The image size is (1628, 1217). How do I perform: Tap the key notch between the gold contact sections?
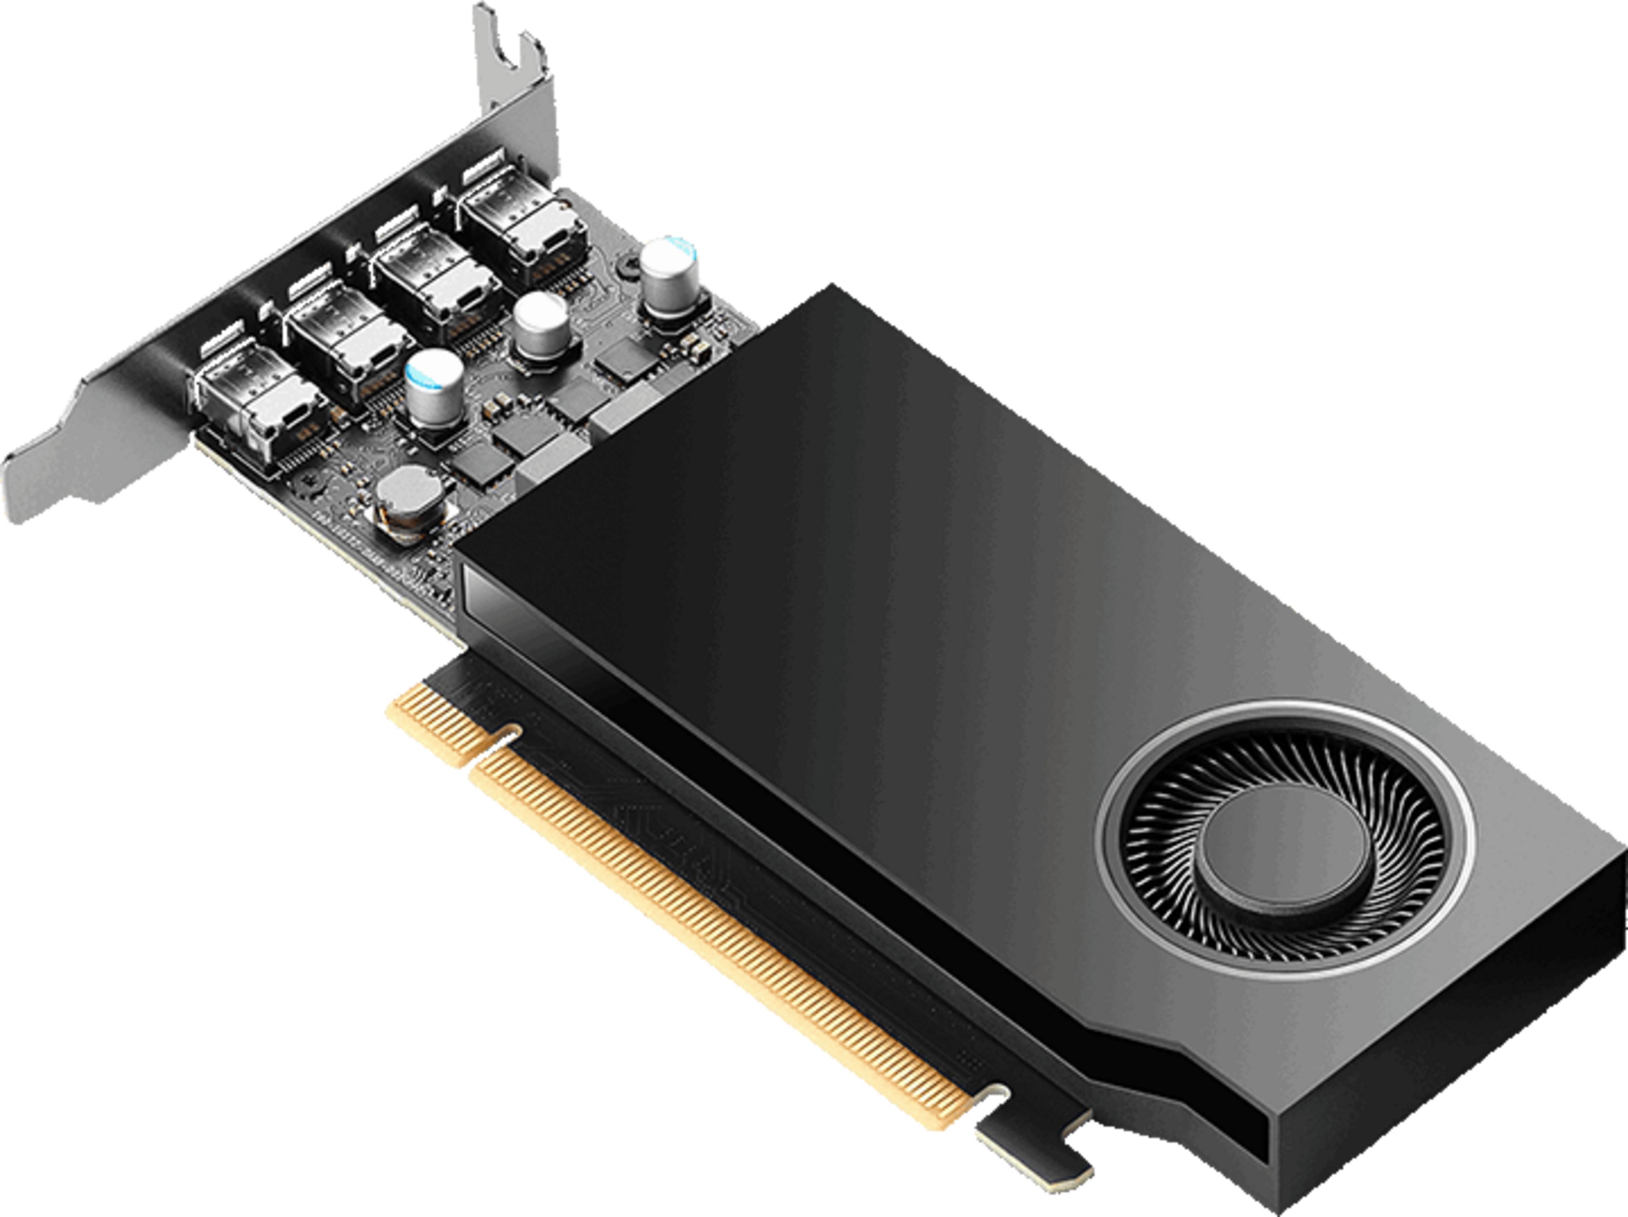click(508, 736)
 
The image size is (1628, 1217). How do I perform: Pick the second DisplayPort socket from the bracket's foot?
click(346, 346)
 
